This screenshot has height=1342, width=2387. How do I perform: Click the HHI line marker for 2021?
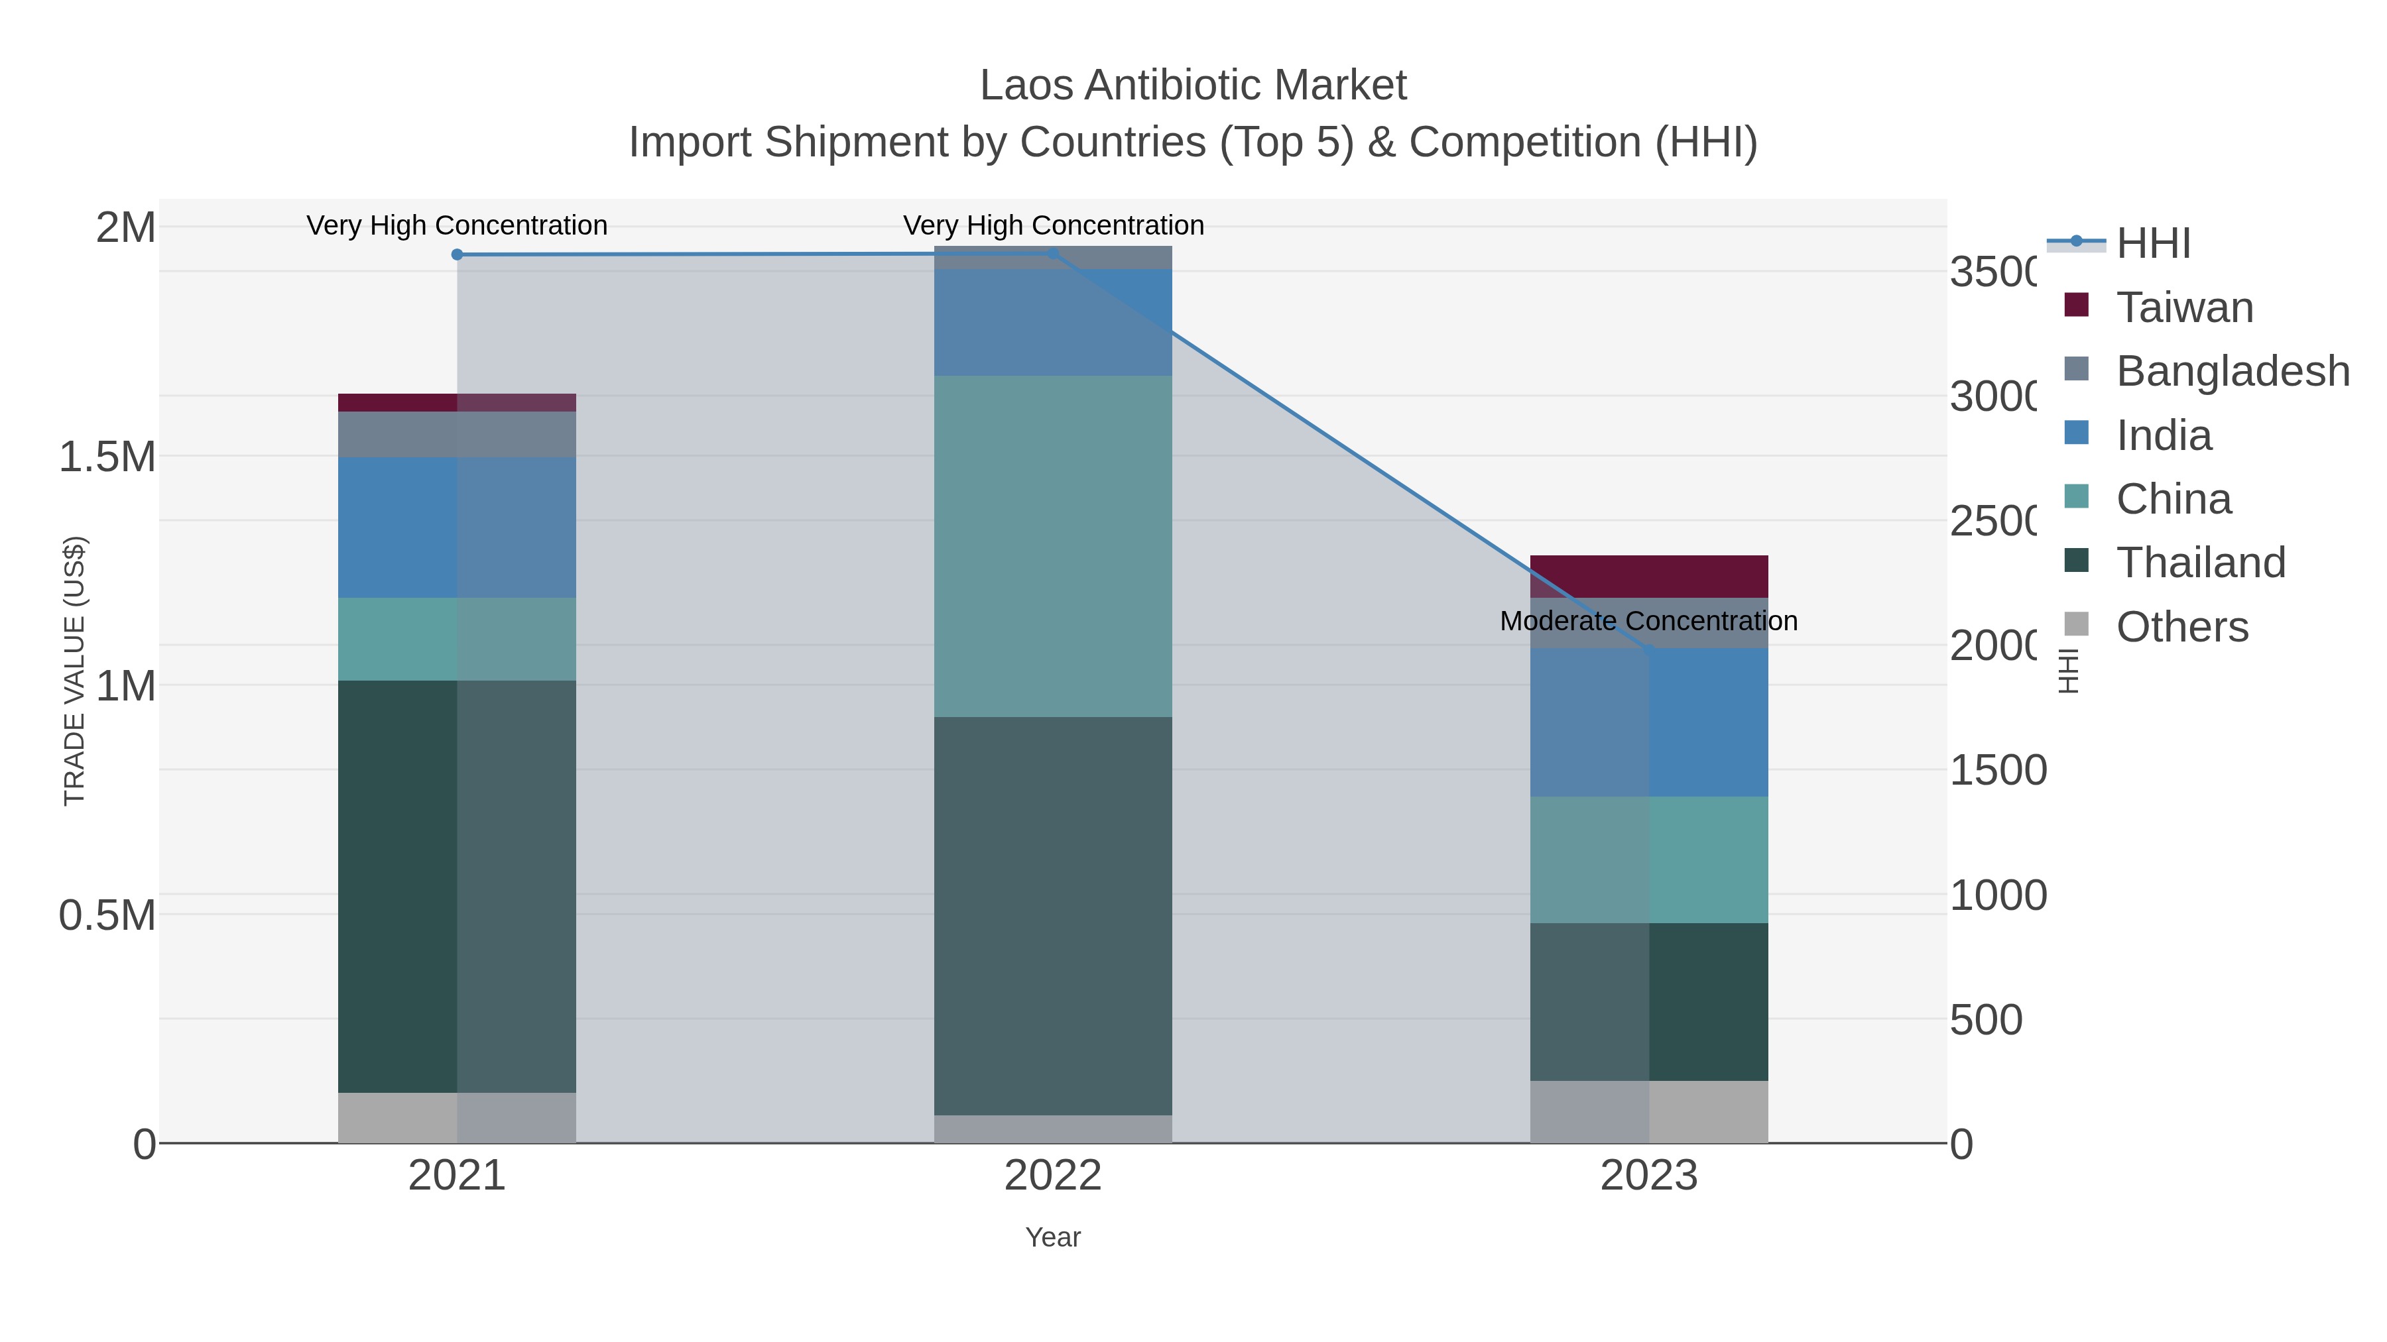click(x=457, y=254)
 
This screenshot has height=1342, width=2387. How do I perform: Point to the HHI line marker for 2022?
click(x=1053, y=254)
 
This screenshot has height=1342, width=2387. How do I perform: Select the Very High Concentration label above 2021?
click(x=457, y=225)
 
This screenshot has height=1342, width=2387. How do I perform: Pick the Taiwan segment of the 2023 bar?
click(x=1648, y=576)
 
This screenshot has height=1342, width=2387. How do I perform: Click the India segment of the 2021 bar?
click(x=457, y=526)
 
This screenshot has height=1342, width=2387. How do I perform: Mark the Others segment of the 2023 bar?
click(x=1648, y=1111)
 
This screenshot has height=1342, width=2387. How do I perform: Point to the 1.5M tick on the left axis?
click(x=107, y=457)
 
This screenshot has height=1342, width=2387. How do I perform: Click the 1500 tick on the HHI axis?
click(x=1997, y=771)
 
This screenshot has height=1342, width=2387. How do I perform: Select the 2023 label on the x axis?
click(x=1648, y=1175)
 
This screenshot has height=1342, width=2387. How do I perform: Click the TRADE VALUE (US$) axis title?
click(x=74, y=671)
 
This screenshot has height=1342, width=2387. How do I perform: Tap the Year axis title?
click(x=1053, y=1237)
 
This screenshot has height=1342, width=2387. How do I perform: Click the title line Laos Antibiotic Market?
click(x=1193, y=85)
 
